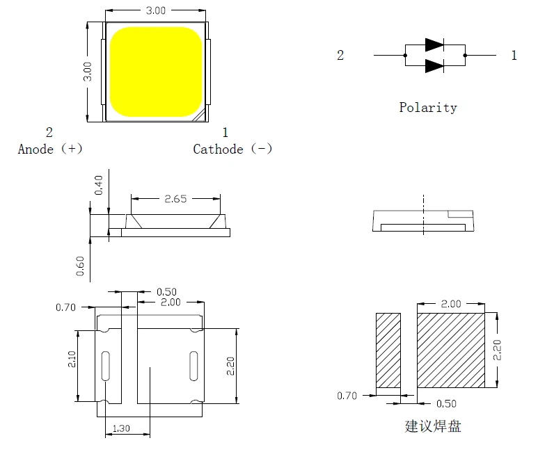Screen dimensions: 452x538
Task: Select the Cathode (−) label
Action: (232, 149)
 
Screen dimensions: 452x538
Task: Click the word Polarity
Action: (428, 107)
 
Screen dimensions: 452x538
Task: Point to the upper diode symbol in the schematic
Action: (434, 45)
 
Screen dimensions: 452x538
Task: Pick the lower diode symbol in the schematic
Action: (434, 65)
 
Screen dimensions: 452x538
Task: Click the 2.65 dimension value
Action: (175, 199)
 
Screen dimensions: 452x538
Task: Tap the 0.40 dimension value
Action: (99, 184)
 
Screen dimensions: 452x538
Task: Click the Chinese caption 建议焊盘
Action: (432, 426)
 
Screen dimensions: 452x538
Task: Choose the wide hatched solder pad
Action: (450, 350)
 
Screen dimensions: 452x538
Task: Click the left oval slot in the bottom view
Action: (106, 365)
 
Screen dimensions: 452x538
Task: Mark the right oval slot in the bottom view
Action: (194, 365)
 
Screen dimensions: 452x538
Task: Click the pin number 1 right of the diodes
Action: (514, 56)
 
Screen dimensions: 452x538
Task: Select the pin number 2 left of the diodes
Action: (340, 56)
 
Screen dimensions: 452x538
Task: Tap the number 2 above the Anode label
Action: (49, 132)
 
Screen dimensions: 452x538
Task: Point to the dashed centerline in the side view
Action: (422, 216)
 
